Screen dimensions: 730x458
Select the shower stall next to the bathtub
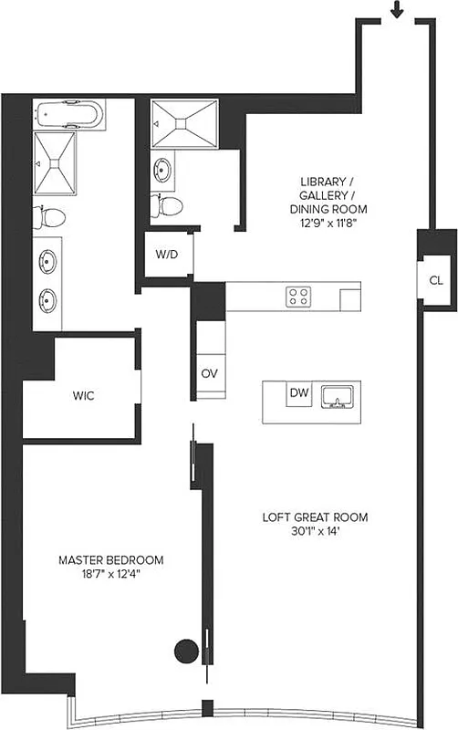[x=56, y=162]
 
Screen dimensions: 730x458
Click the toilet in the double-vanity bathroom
[x=49, y=216]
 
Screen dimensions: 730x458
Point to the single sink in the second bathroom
[x=163, y=170]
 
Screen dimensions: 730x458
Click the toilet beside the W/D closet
[x=168, y=204]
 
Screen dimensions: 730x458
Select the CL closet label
[x=436, y=280]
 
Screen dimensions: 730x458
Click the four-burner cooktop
[x=298, y=296]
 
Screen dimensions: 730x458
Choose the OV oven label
[x=208, y=373]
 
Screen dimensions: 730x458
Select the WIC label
[x=85, y=396]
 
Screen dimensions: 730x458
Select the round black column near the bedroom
[x=186, y=651]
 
